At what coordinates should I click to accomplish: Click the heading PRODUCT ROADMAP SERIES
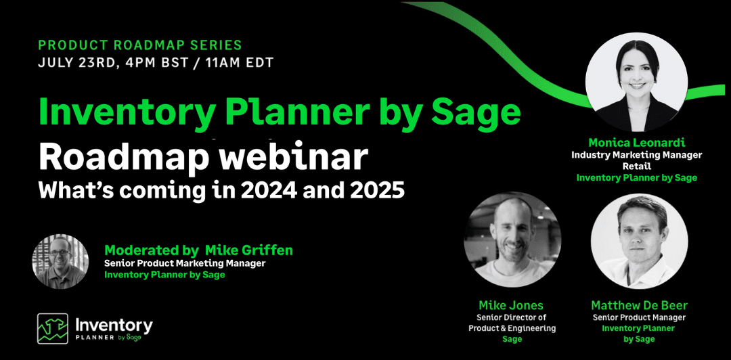(x=140, y=45)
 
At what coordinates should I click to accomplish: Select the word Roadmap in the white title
(x=124, y=158)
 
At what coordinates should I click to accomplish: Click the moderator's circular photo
(x=60, y=263)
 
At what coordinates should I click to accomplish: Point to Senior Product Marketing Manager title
(x=185, y=263)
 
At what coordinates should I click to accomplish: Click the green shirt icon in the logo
(x=53, y=328)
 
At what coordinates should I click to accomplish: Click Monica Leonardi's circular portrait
(x=636, y=82)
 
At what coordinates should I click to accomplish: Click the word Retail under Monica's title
(x=636, y=166)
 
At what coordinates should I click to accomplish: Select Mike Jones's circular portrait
(x=512, y=240)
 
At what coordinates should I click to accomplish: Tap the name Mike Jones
(x=512, y=305)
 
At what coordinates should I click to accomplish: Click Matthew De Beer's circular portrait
(x=639, y=241)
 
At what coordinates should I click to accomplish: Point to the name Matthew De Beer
(x=639, y=305)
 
